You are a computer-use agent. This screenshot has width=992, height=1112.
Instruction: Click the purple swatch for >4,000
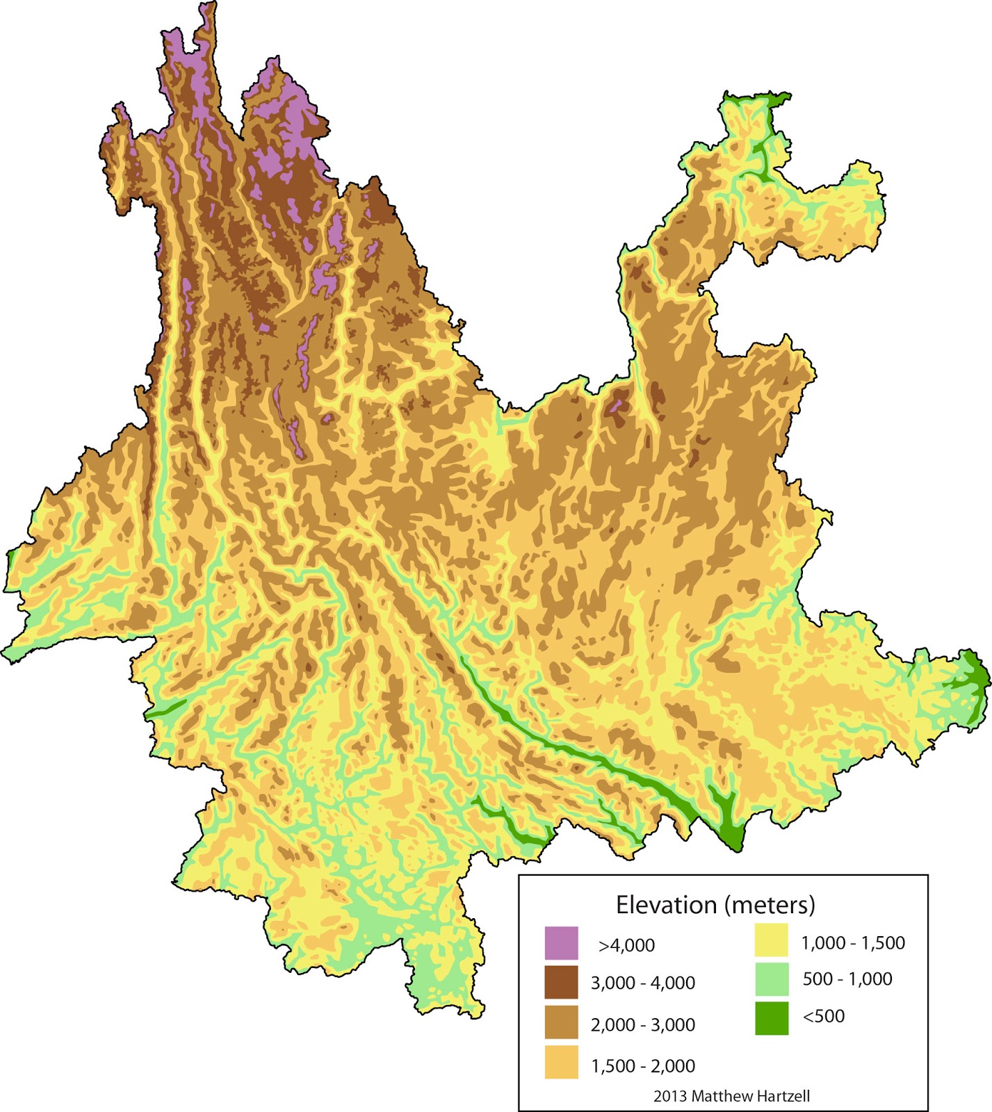(x=561, y=942)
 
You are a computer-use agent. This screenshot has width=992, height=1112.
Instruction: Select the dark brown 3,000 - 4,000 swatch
(x=561, y=982)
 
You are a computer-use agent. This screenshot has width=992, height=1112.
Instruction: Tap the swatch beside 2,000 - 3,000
(x=561, y=1022)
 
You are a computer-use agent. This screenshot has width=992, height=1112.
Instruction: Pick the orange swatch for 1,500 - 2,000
(x=561, y=1063)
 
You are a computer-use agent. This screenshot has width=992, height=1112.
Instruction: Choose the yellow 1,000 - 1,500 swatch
(x=772, y=940)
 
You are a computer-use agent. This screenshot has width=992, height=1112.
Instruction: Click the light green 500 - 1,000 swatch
(x=772, y=979)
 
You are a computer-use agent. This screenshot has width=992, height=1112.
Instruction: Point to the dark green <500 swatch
(x=772, y=1018)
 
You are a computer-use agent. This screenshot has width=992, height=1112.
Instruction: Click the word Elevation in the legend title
(x=666, y=905)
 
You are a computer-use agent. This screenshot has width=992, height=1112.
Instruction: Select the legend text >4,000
(x=626, y=945)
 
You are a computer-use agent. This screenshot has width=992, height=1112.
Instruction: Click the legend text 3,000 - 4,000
(x=642, y=983)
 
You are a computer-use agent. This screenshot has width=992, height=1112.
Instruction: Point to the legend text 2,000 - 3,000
(x=642, y=1024)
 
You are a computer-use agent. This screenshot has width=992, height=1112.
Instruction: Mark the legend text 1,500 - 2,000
(x=642, y=1065)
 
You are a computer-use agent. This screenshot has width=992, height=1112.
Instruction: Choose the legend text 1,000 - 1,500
(x=853, y=943)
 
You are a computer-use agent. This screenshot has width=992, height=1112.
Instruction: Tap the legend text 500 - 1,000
(x=847, y=979)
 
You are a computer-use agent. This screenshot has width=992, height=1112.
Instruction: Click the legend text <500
(x=824, y=1016)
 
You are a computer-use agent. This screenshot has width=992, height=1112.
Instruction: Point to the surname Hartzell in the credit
(x=782, y=1096)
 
